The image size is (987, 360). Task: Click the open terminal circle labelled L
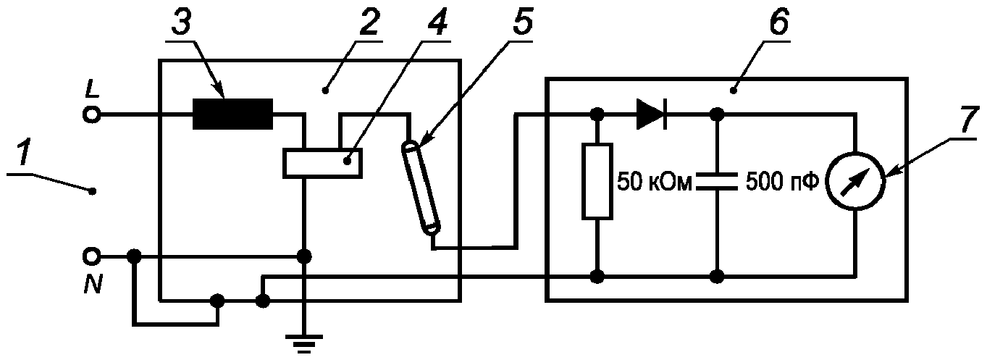92,115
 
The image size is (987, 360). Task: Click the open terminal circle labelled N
92,256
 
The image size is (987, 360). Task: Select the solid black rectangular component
232,114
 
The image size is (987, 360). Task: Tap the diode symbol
652,114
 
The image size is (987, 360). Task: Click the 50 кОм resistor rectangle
597,181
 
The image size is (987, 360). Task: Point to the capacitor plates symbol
717,182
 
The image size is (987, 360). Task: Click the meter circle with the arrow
855,182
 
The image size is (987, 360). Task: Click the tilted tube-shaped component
421,188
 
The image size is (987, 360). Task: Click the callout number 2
369,21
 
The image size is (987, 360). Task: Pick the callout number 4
437,21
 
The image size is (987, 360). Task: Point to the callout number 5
521,21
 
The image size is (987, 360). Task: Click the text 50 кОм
655,182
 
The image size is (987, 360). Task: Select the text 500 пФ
782,182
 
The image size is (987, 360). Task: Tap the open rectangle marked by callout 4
322,163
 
